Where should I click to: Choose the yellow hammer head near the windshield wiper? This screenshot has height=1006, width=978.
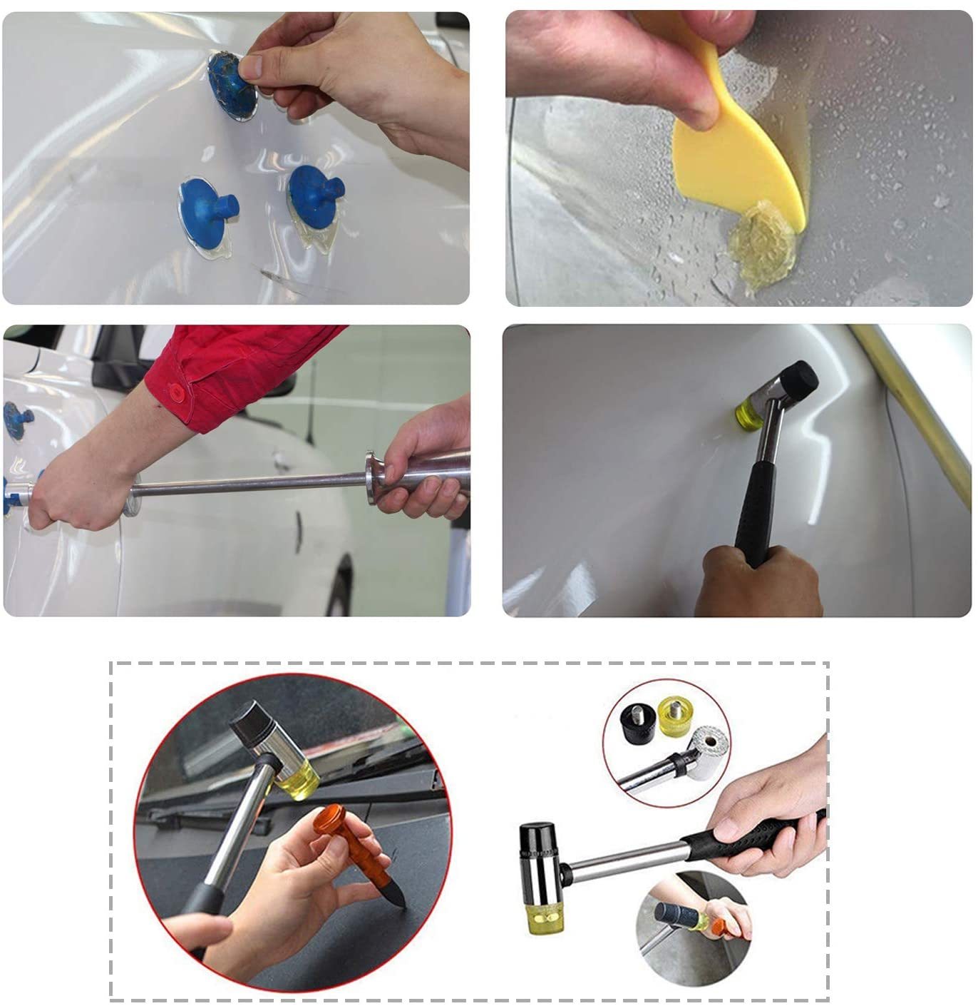pyautogui.click(x=297, y=778)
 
